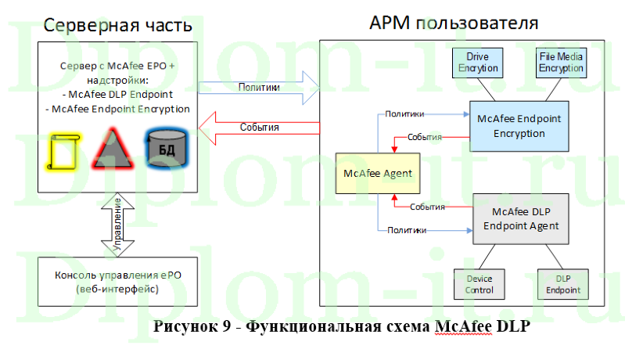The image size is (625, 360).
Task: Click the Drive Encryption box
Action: coord(477,63)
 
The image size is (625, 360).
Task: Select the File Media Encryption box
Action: coord(560,63)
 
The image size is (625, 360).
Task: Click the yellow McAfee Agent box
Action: coord(378,174)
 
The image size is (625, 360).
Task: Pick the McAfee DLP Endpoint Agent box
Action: coord(520,219)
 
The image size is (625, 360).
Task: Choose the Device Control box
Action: coord(480,285)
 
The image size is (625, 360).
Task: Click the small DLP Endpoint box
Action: coord(562,285)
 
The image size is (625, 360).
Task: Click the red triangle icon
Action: coord(113,149)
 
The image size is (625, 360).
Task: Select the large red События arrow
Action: coord(259,127)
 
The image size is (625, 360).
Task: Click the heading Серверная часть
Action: coord(117,24)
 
